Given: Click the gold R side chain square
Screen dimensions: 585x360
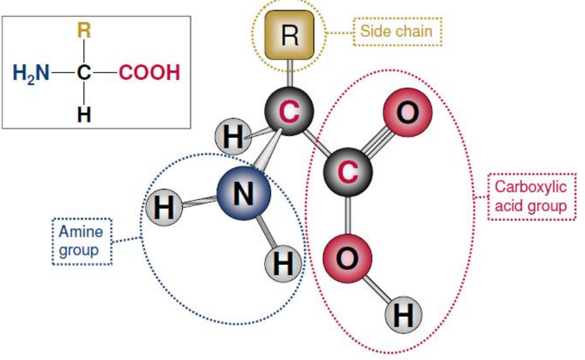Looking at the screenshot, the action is (289, 34).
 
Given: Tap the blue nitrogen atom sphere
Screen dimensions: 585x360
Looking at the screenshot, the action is (243, 193).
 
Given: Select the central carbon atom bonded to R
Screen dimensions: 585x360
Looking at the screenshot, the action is (289, 111).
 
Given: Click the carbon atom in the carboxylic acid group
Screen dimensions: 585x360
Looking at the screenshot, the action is (347, 172).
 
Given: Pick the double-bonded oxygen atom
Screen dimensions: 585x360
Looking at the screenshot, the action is (407, 112).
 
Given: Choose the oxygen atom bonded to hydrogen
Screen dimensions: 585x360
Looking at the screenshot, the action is (347, 258).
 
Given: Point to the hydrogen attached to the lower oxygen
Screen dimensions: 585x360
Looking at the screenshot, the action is (404, 315).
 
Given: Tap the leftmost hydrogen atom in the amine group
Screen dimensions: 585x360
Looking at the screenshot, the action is (164, 207).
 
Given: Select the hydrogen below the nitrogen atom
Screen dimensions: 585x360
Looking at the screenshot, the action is (283, 264).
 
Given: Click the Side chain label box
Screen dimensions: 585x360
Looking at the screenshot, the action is (397, 31).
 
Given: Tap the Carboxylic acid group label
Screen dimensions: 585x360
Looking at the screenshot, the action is (531, 197).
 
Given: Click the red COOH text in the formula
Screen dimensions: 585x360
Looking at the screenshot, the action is (149, 72).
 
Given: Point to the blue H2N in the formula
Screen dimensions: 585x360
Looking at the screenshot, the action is (31, 73).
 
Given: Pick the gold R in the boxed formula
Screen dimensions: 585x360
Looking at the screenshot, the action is (84, 30).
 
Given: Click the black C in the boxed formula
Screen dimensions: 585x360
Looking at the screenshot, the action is (84, 72).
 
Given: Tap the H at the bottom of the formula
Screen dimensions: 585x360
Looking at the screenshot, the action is (84, 114).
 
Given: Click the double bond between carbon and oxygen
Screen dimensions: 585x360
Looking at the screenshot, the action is (377, 142).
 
